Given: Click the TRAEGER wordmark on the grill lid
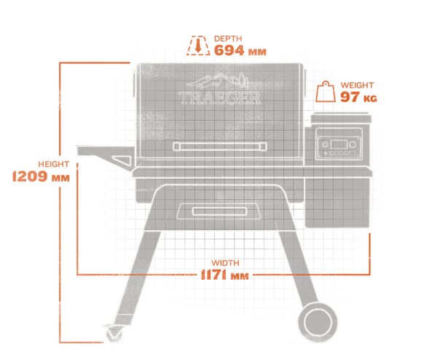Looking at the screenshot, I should click(x=219, y=98).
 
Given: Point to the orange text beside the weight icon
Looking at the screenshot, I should click(x=353, y=93).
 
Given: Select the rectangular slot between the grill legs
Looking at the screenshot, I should click(x=219, y=211).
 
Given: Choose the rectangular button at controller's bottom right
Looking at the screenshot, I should click(x=353, y=154).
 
